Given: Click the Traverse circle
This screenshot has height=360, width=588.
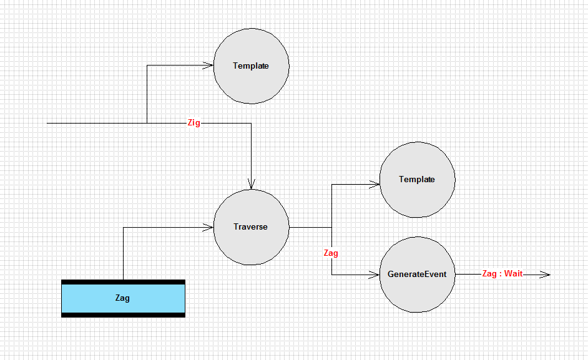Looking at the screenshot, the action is [252, 227].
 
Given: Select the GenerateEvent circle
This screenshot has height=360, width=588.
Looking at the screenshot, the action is [418, 275].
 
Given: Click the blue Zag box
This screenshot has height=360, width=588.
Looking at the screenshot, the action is [124, 298].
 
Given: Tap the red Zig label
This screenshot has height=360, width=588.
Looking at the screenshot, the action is [194, 123].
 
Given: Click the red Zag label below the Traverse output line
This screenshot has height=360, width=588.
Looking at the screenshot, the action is [331, 253].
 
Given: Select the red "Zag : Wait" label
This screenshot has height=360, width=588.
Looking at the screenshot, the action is [502, 274].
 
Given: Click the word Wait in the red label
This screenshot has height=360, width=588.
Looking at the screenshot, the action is [513, 274].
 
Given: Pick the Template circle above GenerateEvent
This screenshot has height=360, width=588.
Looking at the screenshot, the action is [418, 180].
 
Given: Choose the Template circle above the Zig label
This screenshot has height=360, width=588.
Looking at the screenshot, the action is [252, 66].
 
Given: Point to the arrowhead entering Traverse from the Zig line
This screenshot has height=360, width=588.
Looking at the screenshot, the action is [252, 185].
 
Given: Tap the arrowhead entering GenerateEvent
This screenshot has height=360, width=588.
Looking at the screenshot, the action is [375, 275].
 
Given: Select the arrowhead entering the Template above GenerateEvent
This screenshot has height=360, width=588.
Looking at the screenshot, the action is [375, 185].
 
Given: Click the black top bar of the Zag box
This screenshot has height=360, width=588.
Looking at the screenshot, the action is [124, 282].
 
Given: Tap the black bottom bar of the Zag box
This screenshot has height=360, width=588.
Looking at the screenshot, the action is [124, 315].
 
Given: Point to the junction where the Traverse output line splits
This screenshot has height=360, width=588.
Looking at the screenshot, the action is [332, 227].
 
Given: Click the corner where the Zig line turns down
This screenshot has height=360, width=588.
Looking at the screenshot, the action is [252, 123].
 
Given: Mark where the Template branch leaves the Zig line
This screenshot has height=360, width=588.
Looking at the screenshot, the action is [147, 123].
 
